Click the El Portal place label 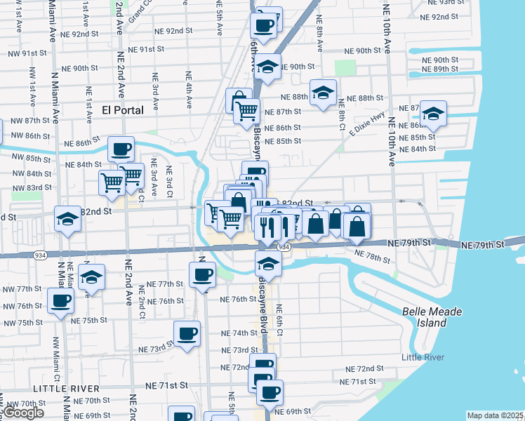tap(122, 109)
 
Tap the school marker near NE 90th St tap(267, 67)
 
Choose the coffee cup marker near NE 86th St tap(121, 149)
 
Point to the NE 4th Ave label tap(189, 90)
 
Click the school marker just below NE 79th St tap(268, 264)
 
